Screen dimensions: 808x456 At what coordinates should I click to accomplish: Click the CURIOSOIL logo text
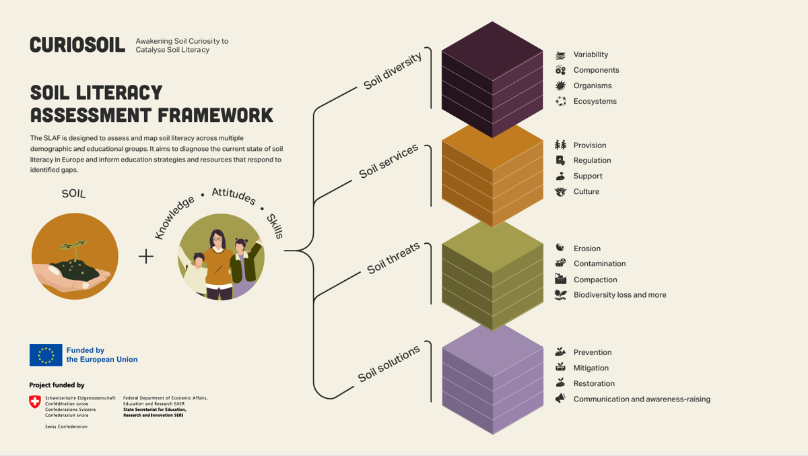[77, 44]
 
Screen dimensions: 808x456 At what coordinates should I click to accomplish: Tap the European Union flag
[46, 355]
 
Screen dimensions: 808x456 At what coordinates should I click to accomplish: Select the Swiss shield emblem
[35, 401]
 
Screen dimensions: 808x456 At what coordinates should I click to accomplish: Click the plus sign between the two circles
[146, 257]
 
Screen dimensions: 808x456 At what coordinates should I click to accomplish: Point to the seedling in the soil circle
[74, 249]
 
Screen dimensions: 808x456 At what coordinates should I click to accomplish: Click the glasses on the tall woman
[217, 239]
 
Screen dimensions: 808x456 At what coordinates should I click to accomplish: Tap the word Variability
[591, 55]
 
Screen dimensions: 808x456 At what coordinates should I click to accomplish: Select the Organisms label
[593, 86]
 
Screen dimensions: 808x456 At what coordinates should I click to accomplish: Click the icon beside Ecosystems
[560, 101]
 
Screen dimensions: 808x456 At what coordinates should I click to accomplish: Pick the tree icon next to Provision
[560, 145]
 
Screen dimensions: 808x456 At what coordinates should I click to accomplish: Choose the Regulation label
[593, 160]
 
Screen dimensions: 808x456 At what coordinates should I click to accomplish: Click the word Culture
[586, 191]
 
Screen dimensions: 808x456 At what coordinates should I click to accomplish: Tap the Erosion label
[587, 249]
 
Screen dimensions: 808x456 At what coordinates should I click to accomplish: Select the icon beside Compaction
[560, 279]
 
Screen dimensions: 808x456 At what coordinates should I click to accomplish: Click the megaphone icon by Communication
[560, 398]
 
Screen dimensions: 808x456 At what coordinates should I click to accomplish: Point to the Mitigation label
[591, 368]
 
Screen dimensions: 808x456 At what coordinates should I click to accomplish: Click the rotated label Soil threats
[393, 258]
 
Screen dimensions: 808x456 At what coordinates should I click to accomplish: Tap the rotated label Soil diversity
[393, 71]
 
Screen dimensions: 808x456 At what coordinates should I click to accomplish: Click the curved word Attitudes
[234, 196]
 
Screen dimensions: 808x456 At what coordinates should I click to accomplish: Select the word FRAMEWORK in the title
[215, 115]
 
